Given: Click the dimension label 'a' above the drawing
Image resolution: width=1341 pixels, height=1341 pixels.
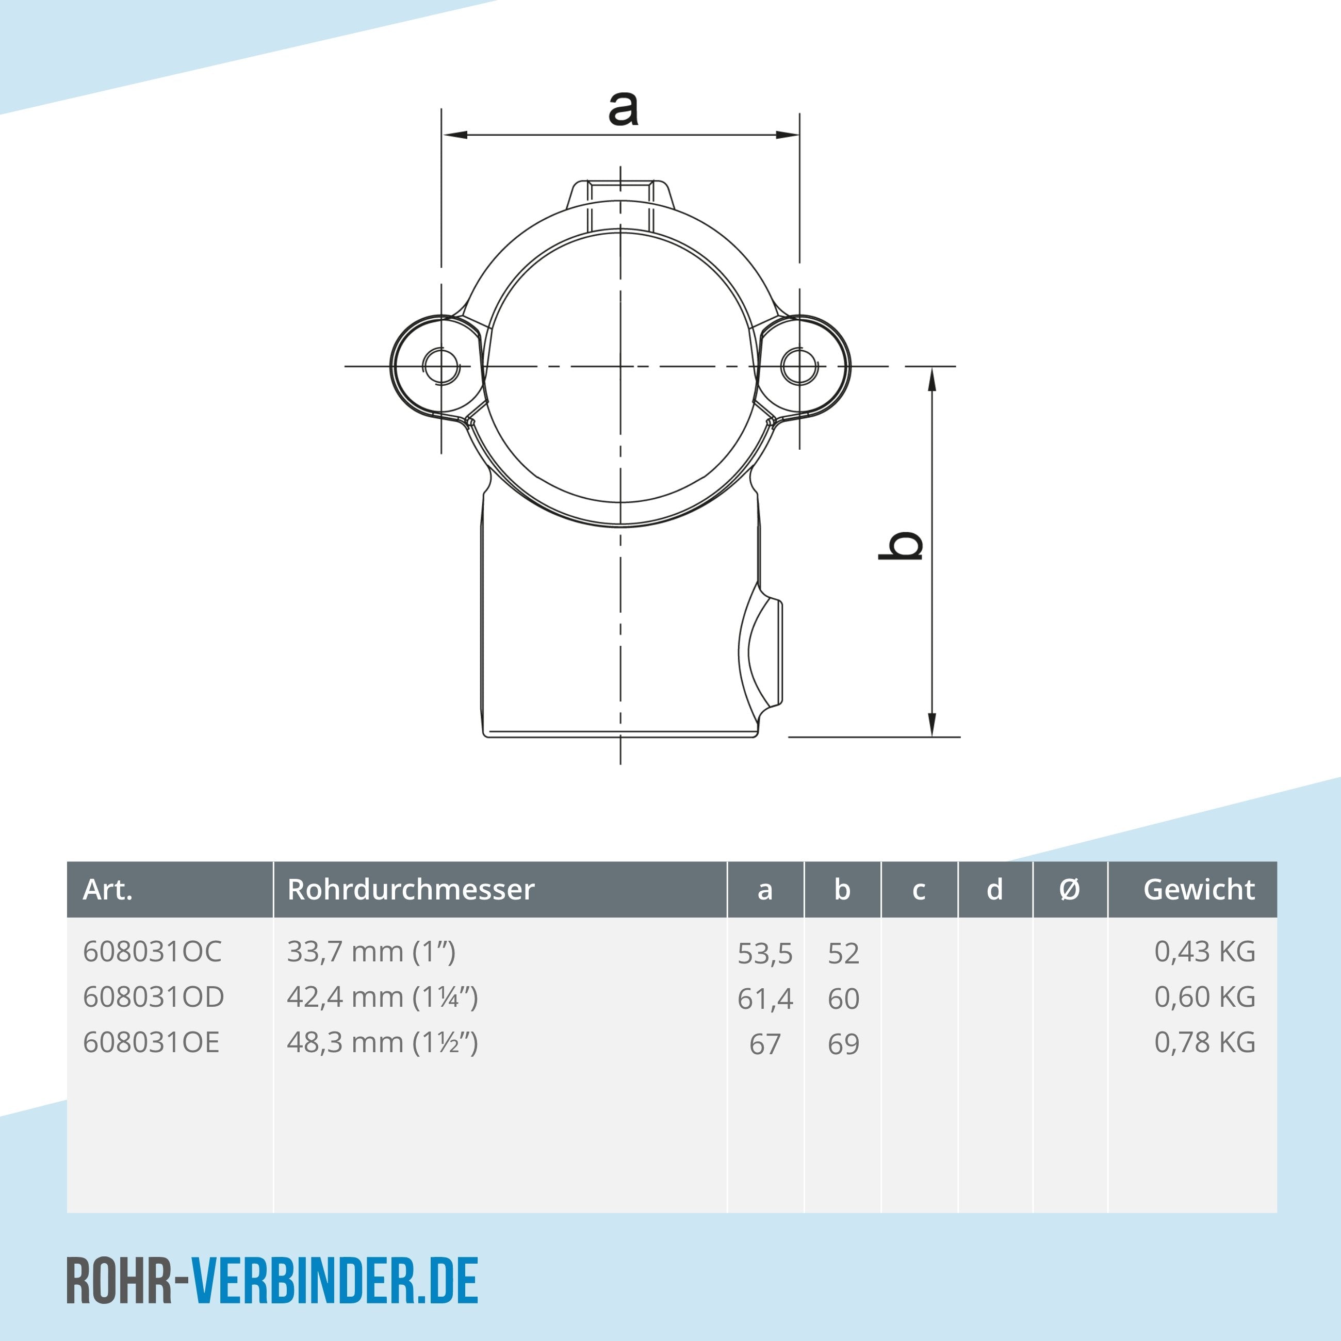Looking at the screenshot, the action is [623, 109].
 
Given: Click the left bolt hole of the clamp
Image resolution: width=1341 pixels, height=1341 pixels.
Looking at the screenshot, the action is [440, 365].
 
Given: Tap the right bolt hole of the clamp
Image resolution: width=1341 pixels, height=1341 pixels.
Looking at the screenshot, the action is [799, 365].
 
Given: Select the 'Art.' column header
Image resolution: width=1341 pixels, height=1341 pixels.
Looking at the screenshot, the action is [108, 889].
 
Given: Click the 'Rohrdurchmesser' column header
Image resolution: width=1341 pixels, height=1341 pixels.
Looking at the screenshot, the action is [411, 889].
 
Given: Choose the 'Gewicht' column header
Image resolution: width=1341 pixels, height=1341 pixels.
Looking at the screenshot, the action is [1199, 889].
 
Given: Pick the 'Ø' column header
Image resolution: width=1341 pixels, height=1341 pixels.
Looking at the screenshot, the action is [1070, 889].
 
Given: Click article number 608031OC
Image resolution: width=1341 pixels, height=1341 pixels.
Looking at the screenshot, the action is [152, 952].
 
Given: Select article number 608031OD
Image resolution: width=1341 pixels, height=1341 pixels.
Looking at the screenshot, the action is [153, 997].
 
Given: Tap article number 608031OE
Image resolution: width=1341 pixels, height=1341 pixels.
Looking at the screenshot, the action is [151, 1042].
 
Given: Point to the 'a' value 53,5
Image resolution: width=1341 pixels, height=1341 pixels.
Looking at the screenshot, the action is [765, 954].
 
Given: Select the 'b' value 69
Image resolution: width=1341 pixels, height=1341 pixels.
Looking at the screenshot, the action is [843, 1044].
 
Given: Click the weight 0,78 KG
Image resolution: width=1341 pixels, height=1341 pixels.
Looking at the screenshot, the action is [1204, 1042].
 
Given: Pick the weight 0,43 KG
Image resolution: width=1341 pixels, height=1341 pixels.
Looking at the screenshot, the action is [1204, 952].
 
